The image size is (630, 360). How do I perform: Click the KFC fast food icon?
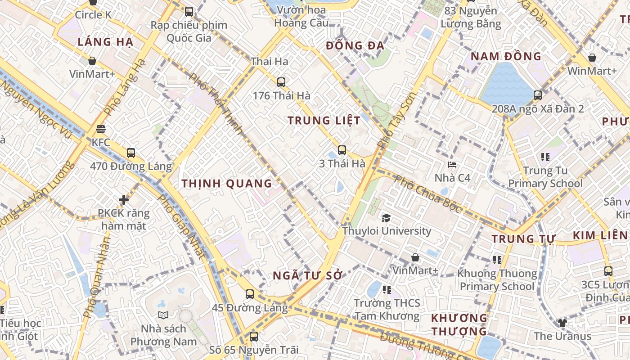[101, 130]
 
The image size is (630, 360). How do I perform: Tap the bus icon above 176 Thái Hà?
[281, 82]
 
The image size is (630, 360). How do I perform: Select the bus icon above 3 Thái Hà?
[342, 150]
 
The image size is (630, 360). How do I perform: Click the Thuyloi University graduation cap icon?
[386, 218]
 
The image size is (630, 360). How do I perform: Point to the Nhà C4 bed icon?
[452, 165]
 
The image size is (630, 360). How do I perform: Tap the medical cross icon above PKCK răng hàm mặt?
[124, 199]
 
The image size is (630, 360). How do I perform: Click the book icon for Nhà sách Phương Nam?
[163, 315]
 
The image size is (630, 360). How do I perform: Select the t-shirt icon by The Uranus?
[562, 323]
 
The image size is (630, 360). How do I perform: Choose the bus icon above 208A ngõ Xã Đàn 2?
[538, 95]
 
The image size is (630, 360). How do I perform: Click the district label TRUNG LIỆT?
[324, 121]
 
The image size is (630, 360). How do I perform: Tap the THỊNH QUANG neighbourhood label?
[227, 184]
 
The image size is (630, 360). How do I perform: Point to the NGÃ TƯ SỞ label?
[308, 276]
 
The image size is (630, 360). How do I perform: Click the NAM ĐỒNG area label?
[506, 57]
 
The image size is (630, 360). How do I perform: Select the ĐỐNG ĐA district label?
[355, 45]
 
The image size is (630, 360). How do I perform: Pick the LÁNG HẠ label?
[105, 42]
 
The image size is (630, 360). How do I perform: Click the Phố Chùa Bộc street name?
[427, 194]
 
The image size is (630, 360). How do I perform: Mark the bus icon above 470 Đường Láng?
[131, 153]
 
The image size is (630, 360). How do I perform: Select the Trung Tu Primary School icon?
[545, 157]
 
